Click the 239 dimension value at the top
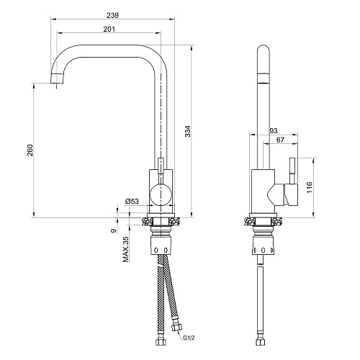[x=112, y=15]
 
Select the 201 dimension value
[x=109, y=29]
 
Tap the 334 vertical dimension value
[x=188, y=131]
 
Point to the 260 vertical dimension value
[x=30, y=150]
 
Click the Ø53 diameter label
[x=132, y=201]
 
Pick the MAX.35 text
[x=126, y=249]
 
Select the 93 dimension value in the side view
[x=274, y=131]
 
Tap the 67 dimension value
[x=280, y=140]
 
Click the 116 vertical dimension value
[x=310, y=188]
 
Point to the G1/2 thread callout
[x=189, y=338]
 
